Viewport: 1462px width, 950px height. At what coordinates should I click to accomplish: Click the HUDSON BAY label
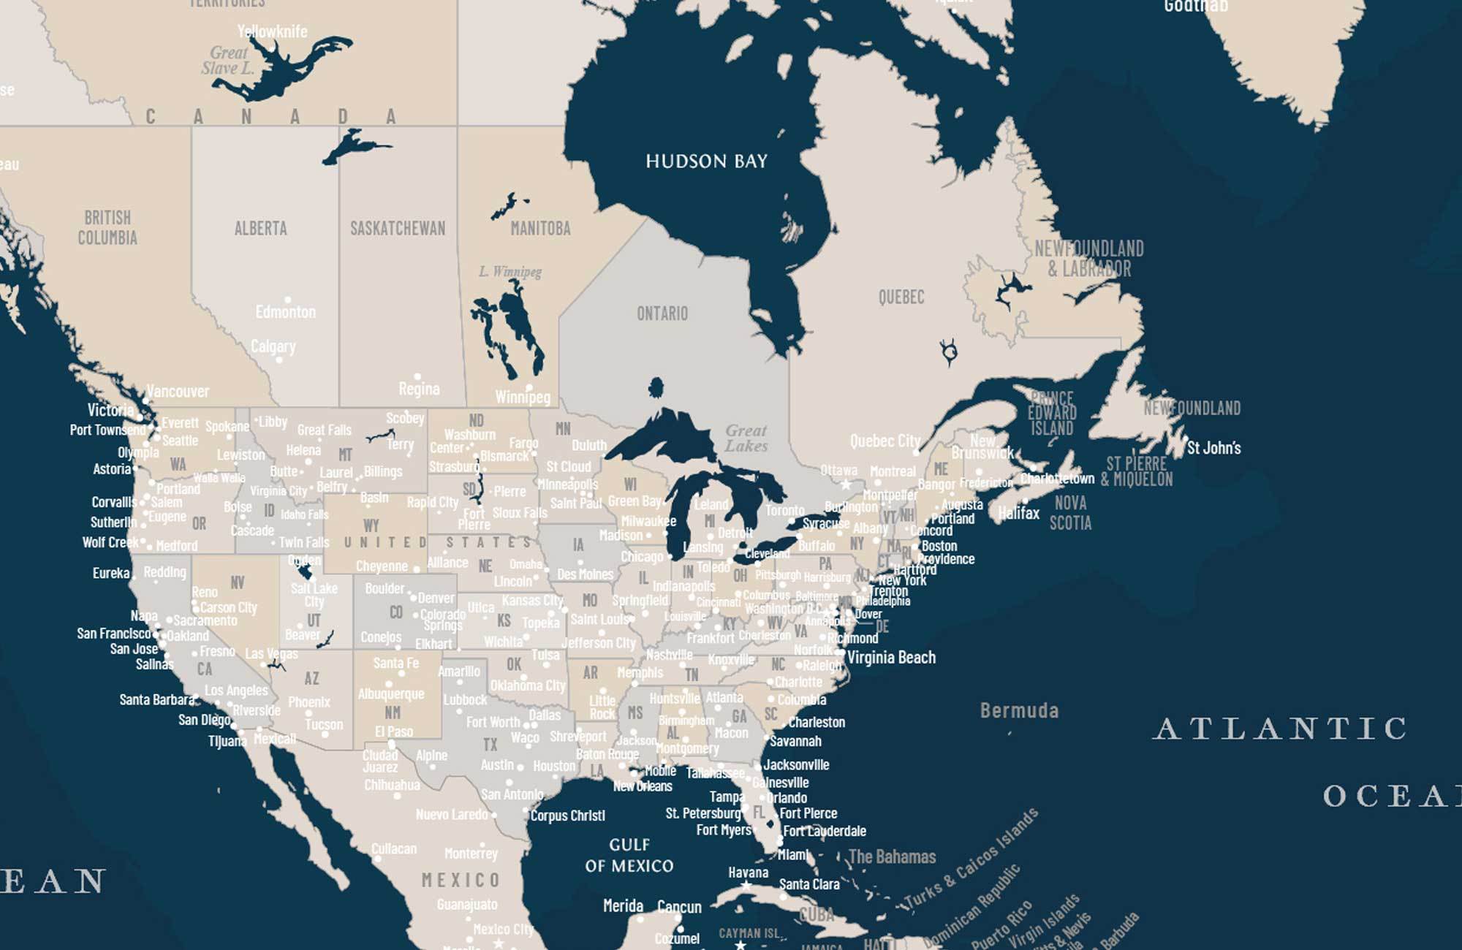tap(706, 161)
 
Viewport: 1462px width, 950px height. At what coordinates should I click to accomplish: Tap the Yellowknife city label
tap(272, 31)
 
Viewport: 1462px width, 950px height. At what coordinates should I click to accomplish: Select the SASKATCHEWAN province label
tap(397, 228)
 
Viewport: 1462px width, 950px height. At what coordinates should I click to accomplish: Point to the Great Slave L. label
tap(228, 61)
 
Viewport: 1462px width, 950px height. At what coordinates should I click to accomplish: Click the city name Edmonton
tap(285, 312)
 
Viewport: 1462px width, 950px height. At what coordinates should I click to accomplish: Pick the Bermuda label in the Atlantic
tap(1018, 710)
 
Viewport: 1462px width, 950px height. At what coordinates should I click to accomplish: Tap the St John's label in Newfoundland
tap(1213, 448)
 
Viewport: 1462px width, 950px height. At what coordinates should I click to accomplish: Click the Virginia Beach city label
tap(891, 657)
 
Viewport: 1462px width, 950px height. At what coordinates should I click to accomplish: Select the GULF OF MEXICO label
tap(629, 855)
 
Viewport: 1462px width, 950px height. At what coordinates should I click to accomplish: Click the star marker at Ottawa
tap(846, 484)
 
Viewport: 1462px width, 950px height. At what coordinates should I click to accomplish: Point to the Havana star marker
tap(746, 885)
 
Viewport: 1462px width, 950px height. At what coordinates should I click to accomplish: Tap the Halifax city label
tap(1018, 513)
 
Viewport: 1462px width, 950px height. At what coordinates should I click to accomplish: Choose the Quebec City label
tap(885, 441)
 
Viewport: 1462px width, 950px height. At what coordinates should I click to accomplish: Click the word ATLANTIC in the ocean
tap(1280, 729)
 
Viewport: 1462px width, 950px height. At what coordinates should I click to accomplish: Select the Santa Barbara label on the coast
tap(156, 699)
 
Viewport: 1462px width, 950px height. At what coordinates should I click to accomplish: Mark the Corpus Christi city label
tap(567, 816)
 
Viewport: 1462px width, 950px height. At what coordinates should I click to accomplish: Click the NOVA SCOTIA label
tap(1070, 512)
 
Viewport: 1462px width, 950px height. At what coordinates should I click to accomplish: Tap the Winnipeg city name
tap(522, 398)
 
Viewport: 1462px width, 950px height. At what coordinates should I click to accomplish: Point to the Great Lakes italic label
tap(746, 438)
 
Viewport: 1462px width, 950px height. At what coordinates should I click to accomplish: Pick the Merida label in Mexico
tap(623, 906)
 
